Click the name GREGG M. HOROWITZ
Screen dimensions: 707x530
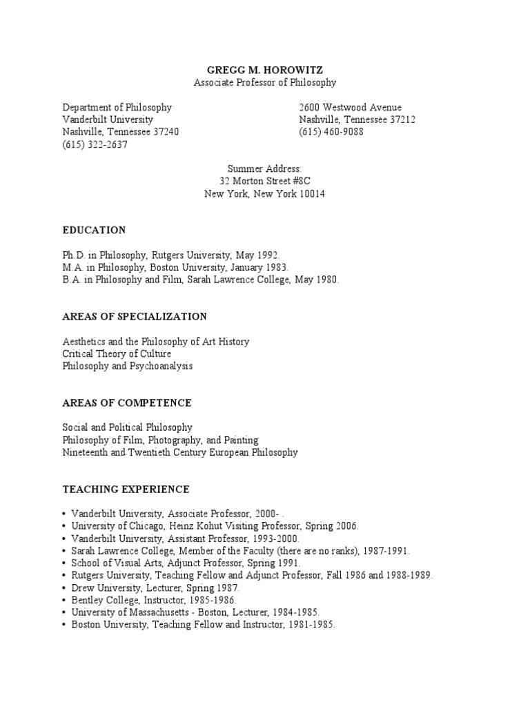click(x=264, y=70)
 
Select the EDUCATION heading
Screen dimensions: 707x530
click(x=95, y=230)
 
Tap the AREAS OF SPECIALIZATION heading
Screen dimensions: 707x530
click(x=135, y=316)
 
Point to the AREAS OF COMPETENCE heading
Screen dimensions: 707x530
click(x=127, y=403)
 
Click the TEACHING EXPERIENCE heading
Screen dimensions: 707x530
click(x=126, y=489)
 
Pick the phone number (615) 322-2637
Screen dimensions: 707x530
click(x=95, y=145)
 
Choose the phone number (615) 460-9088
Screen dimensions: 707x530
click(x=331, y=133)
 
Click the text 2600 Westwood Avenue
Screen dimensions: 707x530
click(x=350, y=108)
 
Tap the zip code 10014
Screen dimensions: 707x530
click(x=311, y=194)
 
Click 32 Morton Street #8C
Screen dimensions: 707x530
click(x=264, y=182)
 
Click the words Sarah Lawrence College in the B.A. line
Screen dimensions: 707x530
click(x=222, y=280)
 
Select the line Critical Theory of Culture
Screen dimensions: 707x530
click(x=117, y=353)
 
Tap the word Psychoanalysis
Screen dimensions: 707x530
click(x=161, y=366)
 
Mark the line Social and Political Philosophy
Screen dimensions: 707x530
click(x=128, y=427)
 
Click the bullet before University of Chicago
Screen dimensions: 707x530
click(x=64, y=526)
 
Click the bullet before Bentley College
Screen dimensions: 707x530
click(x=64, y=601)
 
